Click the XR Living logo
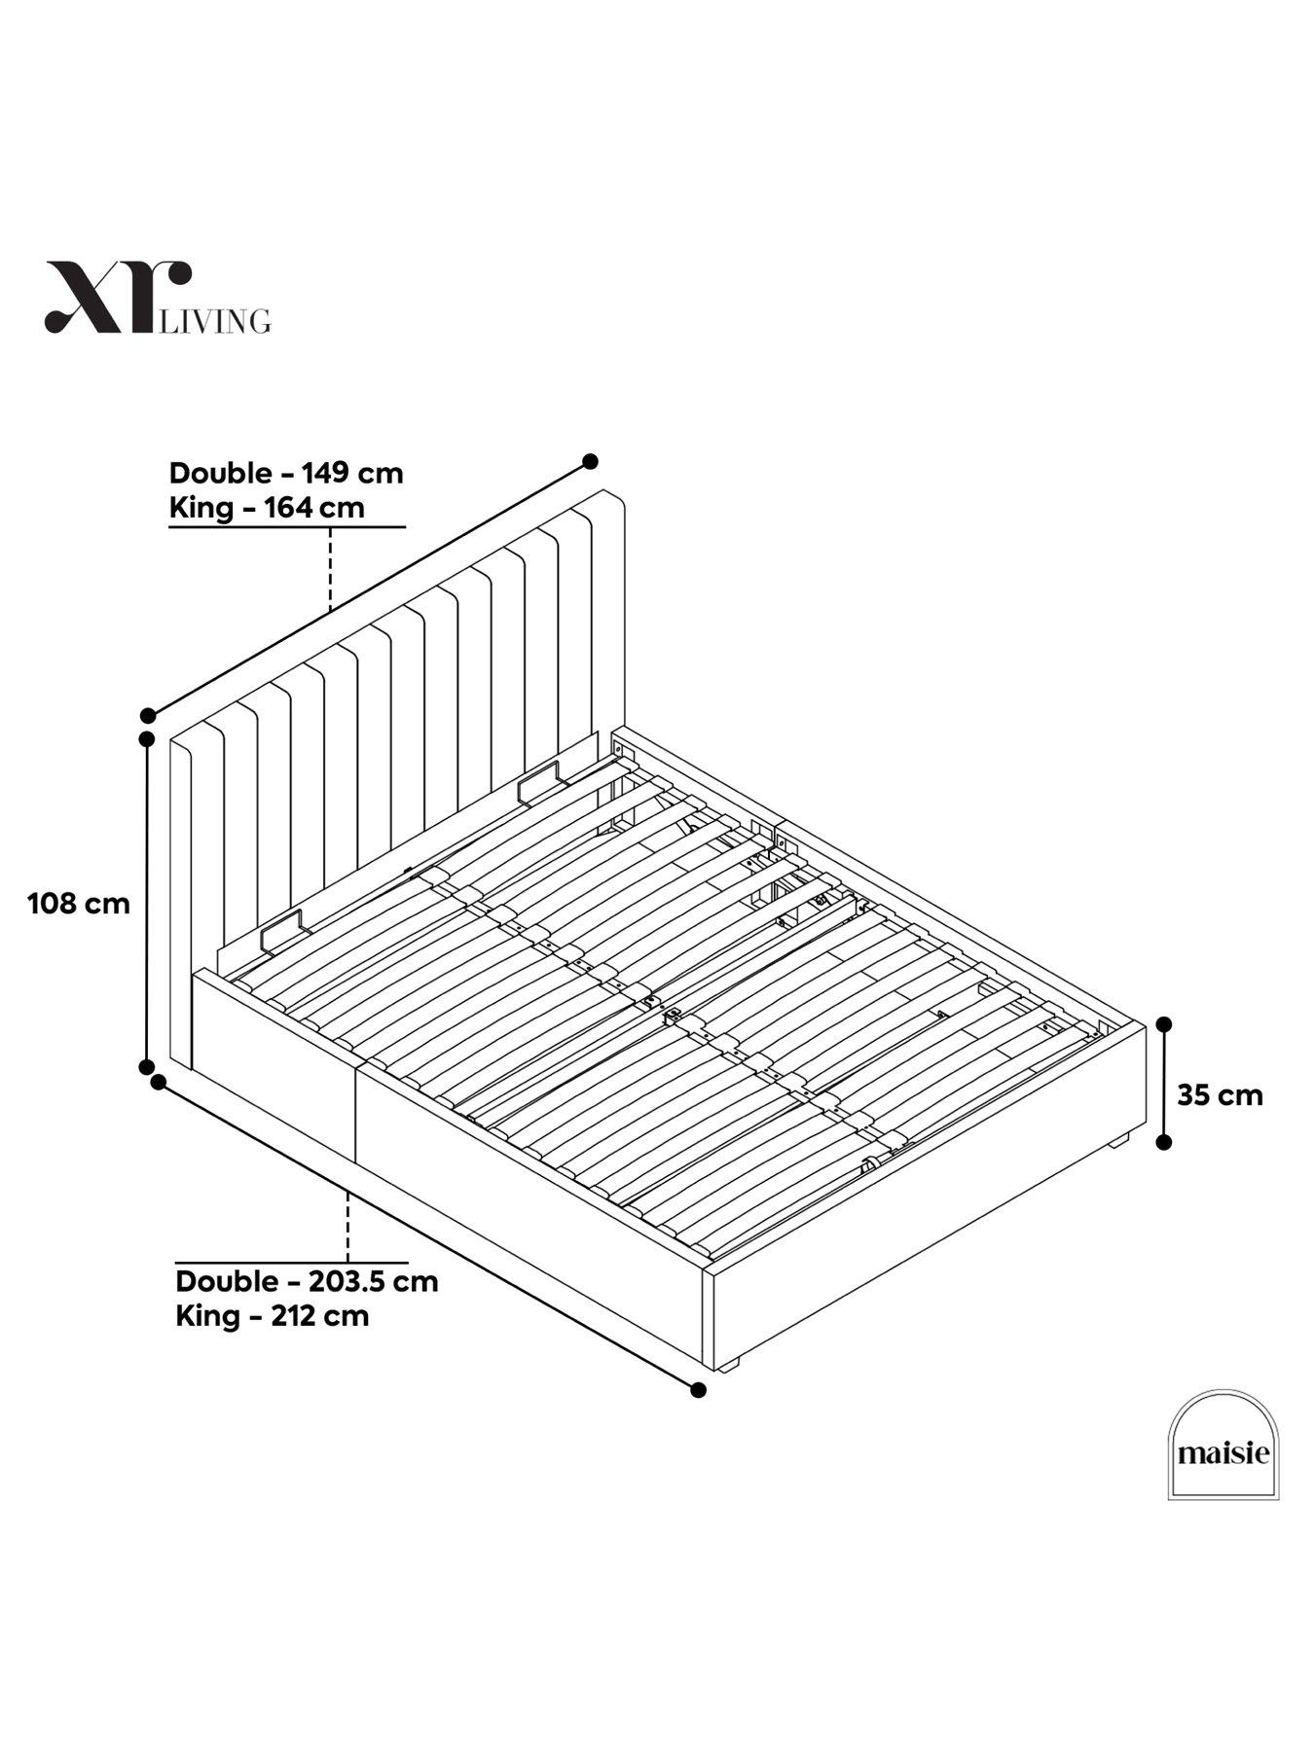click(156, 299)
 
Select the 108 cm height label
click(79, 904)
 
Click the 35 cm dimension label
click(1220, 1095)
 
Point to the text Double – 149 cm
click(286, 474)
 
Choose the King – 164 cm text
click(267, 508)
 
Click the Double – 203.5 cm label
click(307, 1281)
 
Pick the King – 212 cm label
click(273, 1316)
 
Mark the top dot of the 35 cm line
click(1163, 1023)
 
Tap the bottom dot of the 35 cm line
click(1163, 1143)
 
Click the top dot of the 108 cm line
click(147, 739)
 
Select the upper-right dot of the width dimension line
click(590, 461)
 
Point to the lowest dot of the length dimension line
click(698, 1390)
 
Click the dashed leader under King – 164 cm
click(331, 569)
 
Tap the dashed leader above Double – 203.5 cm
click(347, 1226)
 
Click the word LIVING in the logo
click(215, 321)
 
